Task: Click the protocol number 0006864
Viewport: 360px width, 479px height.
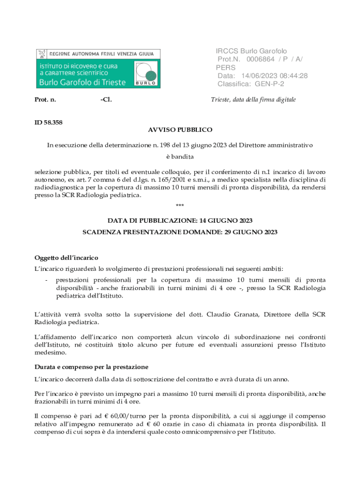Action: coord(261,59)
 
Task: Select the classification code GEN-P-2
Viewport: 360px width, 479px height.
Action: coord(269,84)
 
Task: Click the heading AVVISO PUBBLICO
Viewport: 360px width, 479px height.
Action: coord(180,130)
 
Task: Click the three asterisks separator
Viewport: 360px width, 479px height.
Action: coord(180,206)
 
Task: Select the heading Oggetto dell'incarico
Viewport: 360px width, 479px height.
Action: coord(66,258)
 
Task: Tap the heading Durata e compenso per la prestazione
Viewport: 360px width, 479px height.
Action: coord(92,367)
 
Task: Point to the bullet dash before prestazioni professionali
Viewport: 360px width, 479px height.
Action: coord(45,280)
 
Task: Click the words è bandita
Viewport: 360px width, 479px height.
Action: coord(180,156)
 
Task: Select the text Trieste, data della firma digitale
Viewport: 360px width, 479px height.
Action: coord(253,100)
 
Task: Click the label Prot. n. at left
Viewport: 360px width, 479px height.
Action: coord(45,100)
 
